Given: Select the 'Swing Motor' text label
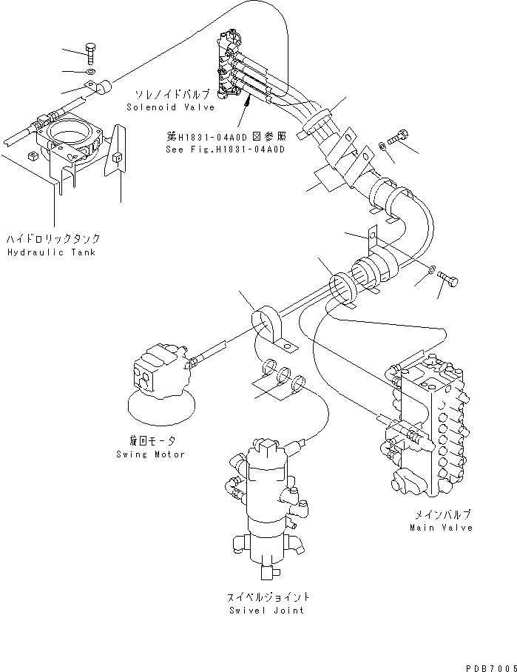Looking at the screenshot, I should [x=150, y=454].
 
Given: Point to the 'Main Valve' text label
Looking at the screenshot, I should [x=440, y=528].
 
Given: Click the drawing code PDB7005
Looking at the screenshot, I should [x=488, y=665].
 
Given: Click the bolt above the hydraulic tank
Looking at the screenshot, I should [x=89, y=54].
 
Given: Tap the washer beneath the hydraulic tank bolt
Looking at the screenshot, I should [x=89, y=73].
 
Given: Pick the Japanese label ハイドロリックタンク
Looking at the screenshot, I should [x=53, y=240].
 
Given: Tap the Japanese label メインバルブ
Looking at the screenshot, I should [x=440, y=514].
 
